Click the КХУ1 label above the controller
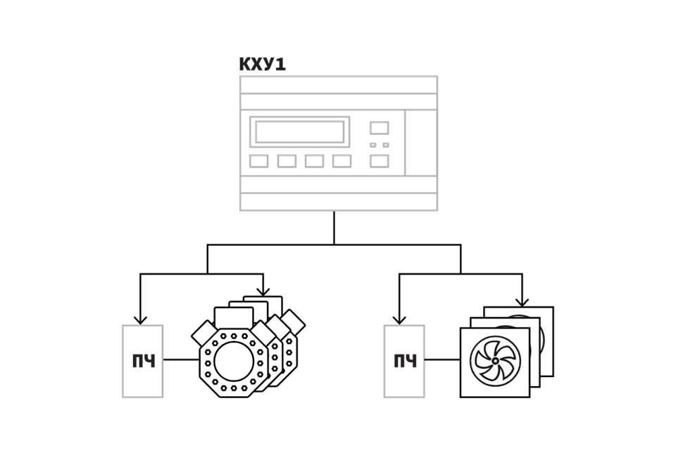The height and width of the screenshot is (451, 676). click(x=262, y=64)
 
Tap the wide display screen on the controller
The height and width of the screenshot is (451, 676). click(x=300, y=132)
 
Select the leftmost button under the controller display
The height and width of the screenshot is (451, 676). click(x=258, y=161)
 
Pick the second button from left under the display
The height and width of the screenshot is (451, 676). click(x=287, y=161)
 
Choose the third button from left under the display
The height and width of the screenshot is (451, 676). click(x=314, y=161)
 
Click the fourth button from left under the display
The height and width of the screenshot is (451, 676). click(x=342, y=161)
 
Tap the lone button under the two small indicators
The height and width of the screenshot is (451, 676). click(x=380, y=161)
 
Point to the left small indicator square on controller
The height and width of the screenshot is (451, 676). click(x=373, y=145)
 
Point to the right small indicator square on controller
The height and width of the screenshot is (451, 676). click(x=386, y=145)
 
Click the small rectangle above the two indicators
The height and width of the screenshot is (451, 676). click(x=380, y=128)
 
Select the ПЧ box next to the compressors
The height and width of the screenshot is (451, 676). click(x=143, y=362)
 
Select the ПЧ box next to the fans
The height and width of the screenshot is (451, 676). click(x=404, y=362)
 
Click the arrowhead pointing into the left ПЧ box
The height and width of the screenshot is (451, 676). click(x=140, y=320)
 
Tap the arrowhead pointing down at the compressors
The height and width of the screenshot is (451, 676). click(x=263, y=292)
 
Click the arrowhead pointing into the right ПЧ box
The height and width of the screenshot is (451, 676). click(x=399, y=320)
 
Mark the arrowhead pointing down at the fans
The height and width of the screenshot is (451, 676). click(x=522, y=302)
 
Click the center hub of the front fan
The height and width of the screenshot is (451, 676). click(x=495, y=360)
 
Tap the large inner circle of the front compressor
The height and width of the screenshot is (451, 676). click(x=234, y=362)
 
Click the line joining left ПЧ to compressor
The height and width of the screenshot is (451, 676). click(x=181, y=359)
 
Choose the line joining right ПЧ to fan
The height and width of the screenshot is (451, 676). click(x=442, y=359)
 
